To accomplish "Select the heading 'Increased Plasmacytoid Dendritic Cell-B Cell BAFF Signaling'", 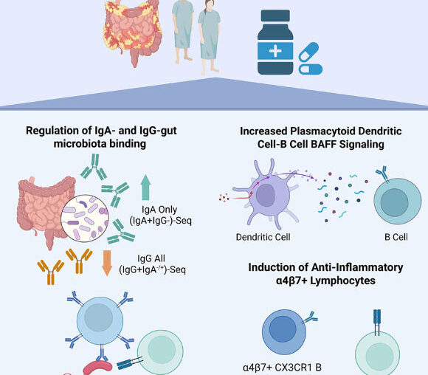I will (x=322, y=137).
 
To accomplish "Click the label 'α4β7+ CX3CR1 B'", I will (x=283, y=365).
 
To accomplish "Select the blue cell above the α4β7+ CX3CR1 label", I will (x=287, y=326).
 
